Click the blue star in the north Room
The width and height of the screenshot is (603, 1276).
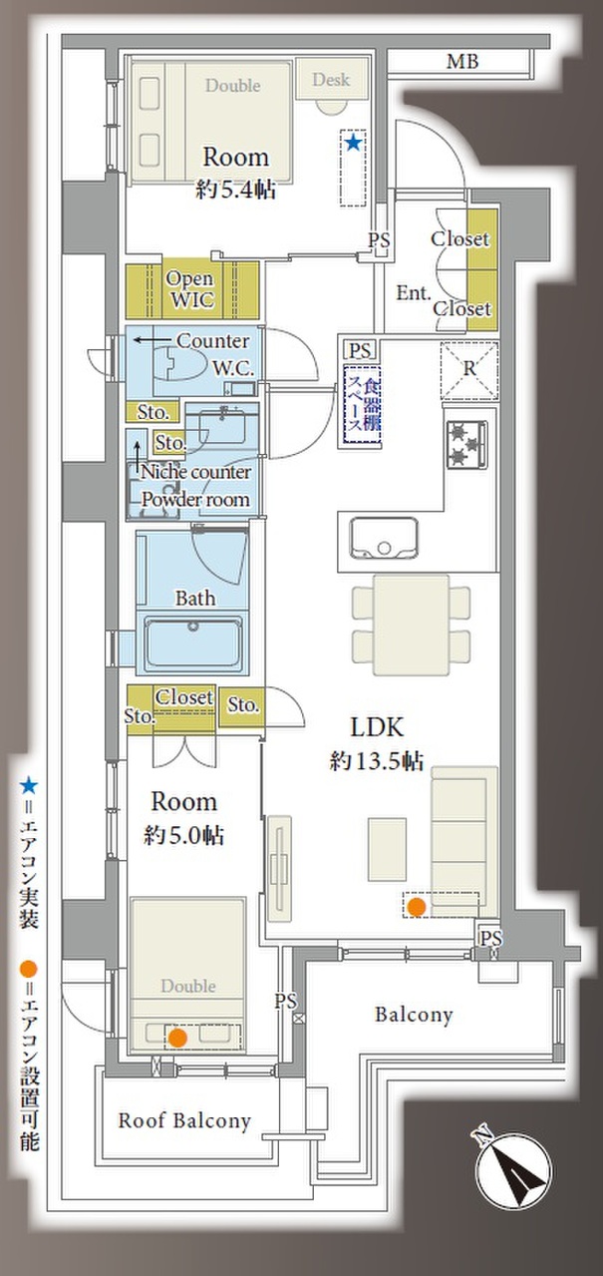click(353, 143)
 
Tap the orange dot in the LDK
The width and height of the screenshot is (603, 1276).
click(417, 906)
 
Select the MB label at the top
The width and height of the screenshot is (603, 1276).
click(462, 62)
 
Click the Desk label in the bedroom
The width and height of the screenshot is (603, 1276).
click(331, 79)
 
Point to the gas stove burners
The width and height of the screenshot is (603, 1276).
click(467, 444)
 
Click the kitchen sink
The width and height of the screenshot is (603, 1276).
click(384, 539)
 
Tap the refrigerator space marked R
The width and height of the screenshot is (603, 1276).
click(469, 370)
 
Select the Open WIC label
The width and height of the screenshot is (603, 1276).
click(190, 288)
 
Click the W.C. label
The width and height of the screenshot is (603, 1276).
click(233, 368)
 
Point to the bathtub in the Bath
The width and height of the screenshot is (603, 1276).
click(192, 641)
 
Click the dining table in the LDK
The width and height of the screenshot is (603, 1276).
click(412, 625)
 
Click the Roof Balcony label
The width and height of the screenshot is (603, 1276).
click(184, 1120)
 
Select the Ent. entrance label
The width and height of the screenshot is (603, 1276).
click(414, 292)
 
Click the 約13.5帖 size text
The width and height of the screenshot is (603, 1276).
click(377, 760)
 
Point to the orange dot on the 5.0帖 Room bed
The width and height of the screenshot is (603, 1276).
click(178, 1038)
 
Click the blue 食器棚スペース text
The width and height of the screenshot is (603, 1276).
click(363, 404)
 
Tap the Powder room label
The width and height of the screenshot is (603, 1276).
click(195, 500)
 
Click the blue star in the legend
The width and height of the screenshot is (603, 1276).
click(29, 787)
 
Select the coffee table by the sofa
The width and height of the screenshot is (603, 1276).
click(387, 849)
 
